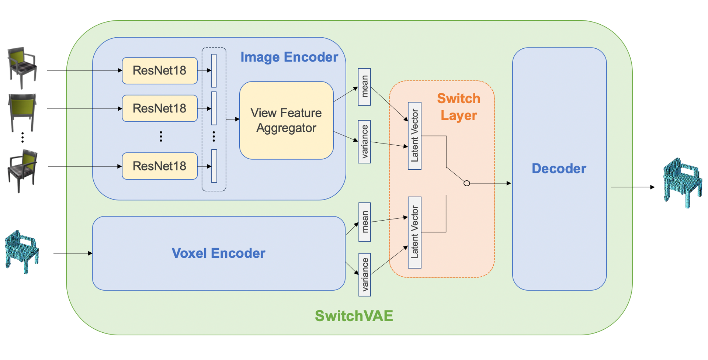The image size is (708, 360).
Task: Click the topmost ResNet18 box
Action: [160, 70]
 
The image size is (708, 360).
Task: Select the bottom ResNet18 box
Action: [160, 166]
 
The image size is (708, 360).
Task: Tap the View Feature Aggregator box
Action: [286, 120]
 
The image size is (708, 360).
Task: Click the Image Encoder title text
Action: [289, 57]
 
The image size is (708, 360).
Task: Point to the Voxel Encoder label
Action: [218, 253]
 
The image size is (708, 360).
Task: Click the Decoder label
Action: [559, 169]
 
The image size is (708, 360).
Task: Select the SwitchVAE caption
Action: [354, 316]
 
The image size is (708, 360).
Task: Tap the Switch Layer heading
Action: [459, 107]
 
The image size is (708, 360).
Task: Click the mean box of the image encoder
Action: [364, 87]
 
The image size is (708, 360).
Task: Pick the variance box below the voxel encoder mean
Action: [365, 274]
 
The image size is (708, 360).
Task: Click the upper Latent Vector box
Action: [414, 136]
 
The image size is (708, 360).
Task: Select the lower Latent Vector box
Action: [414, 232]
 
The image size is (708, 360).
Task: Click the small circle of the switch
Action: [466, 183]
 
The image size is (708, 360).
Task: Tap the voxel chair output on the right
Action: [682, 183]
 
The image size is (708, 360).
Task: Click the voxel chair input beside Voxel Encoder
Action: [22, 252]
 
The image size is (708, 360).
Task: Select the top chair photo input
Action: [22, 67]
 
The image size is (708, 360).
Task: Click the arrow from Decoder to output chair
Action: [632, 187]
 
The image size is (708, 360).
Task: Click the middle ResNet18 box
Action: [160, 108]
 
